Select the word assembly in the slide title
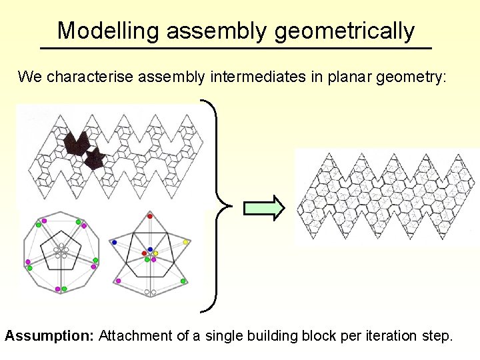coord(217,31)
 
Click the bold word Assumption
coord(49,335)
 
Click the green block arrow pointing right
coord(264,208)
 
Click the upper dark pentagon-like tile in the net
coord(75,143)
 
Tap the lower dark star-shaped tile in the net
coord(94,159)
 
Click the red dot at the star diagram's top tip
coord(149,216)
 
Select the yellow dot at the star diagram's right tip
coord(186,242)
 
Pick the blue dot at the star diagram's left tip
coord(115,242)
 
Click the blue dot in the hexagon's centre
coord(150,249)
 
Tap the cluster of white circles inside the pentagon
coord(61,251)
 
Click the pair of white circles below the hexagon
coord(150,292)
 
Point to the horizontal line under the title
coord(236,49)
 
